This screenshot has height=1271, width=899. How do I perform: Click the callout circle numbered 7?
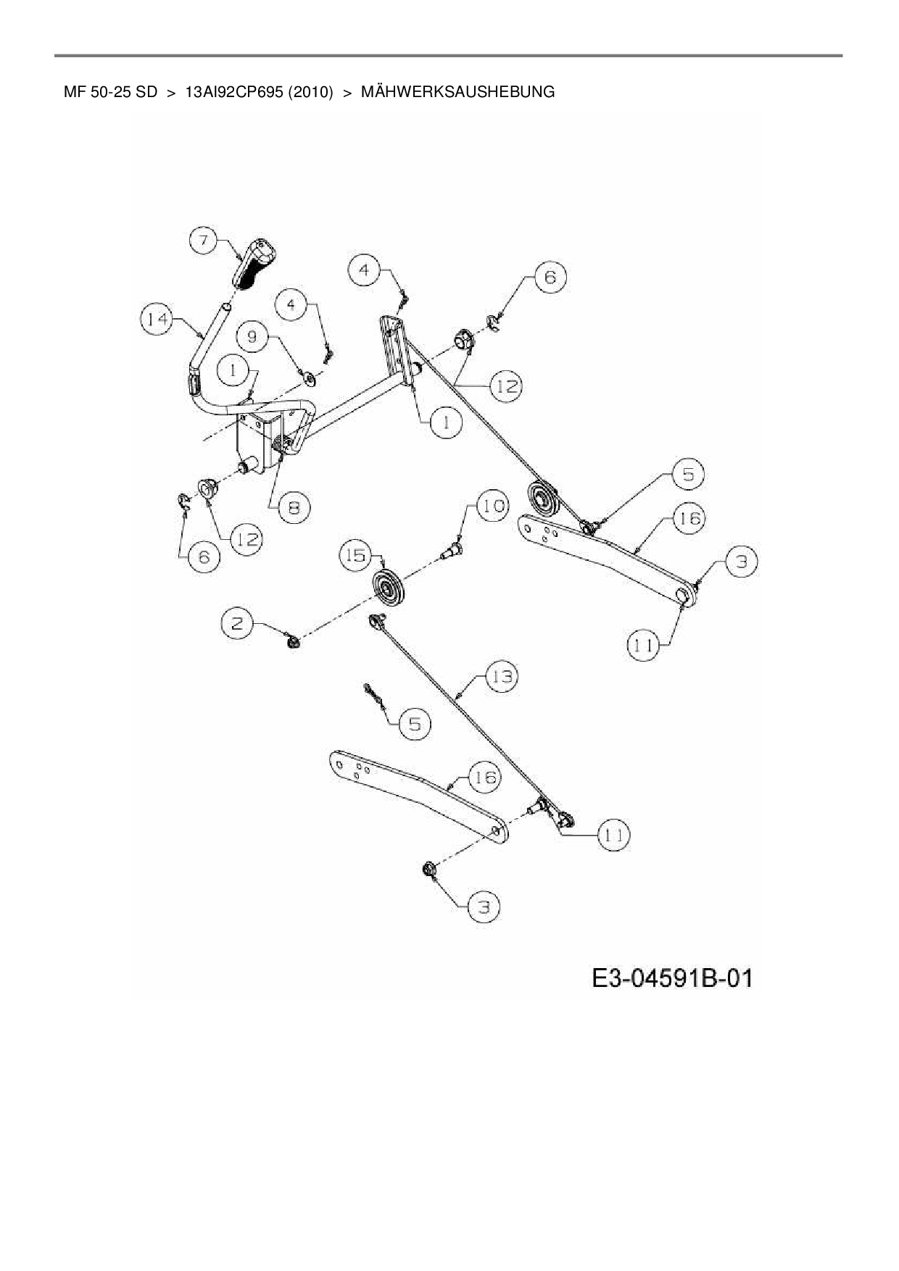pos(205,240)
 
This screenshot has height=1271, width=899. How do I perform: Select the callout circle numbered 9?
pos(252,337)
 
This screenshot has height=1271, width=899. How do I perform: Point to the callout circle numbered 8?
pos(294,507)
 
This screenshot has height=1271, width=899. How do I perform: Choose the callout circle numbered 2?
pos(238,622)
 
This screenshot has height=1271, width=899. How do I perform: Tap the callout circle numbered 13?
pos(502,677)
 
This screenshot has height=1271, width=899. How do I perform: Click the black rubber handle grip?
pos(254,266)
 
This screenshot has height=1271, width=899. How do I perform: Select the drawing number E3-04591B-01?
pos(672,978)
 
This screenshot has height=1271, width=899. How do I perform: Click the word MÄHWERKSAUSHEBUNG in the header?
pos(457,92)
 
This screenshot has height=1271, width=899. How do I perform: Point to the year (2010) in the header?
pos(310,92)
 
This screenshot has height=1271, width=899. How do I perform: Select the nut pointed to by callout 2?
pos(294,641)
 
